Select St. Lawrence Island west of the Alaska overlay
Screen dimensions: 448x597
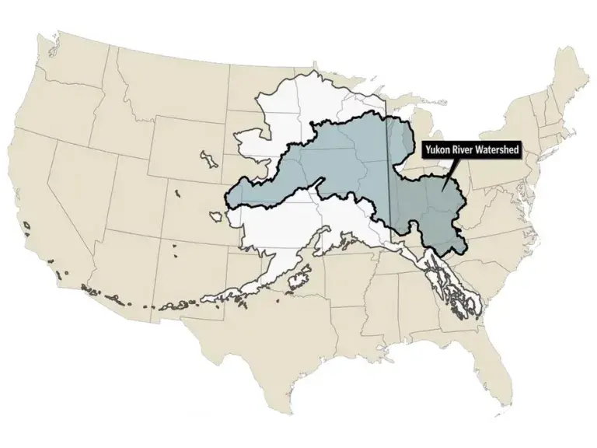click(x=208, y=159)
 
